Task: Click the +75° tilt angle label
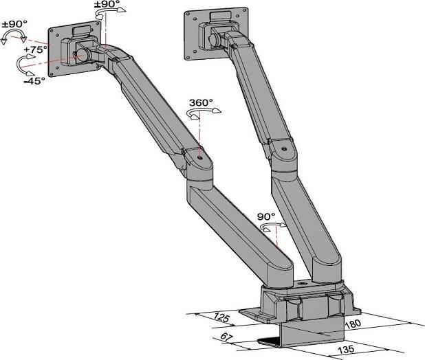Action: (35, 50)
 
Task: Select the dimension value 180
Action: (353, 323)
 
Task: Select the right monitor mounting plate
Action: (214, 33)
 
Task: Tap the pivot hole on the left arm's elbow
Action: (199, 156)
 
